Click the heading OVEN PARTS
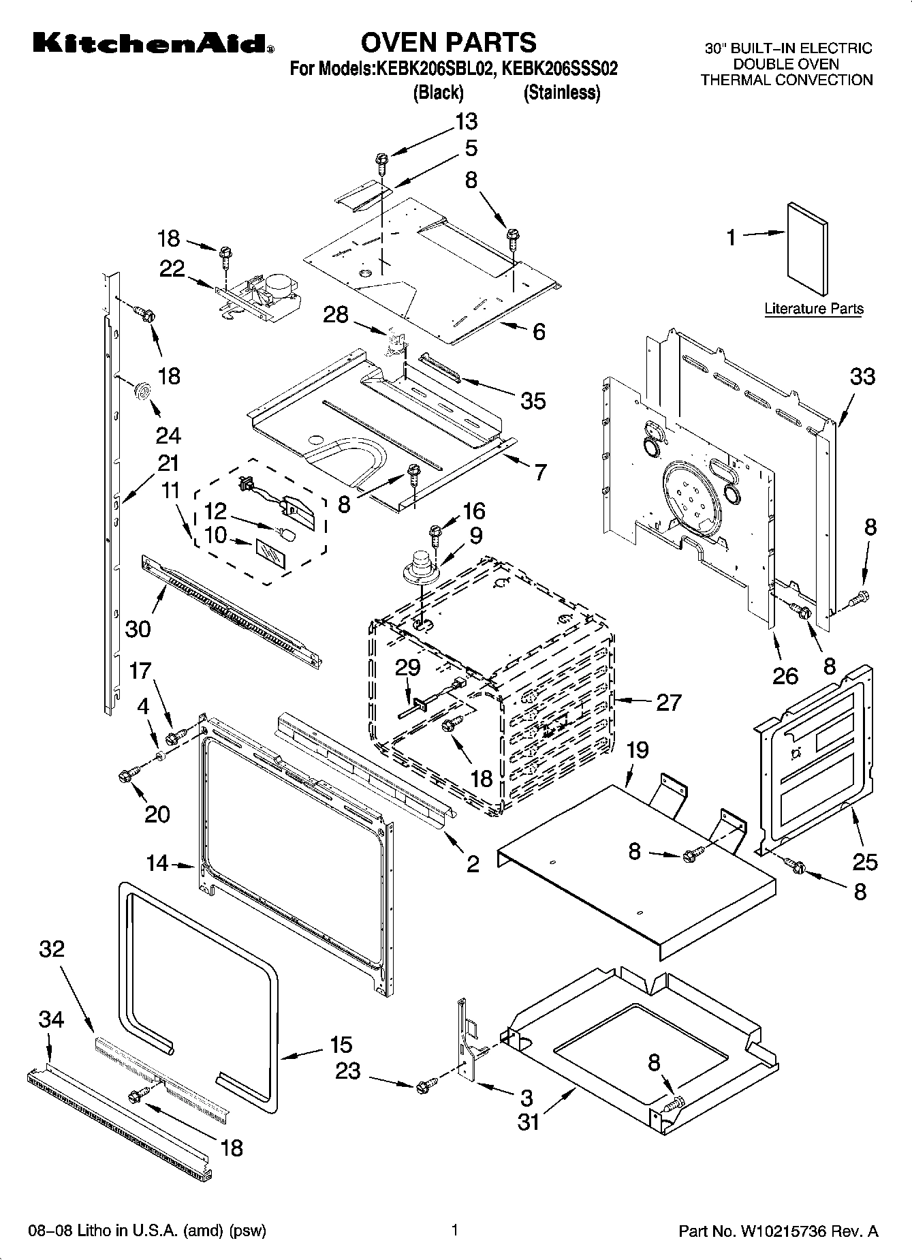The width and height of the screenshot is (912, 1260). coord(448,42)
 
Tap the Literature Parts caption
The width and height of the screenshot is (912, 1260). coord(813,309)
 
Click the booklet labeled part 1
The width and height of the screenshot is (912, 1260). coord(808,251)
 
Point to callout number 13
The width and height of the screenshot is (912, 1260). coord(466,122)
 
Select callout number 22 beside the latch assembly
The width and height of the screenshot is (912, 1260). coord(172,268)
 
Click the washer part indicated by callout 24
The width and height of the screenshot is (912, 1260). coord(142,390)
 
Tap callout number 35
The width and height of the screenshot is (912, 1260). coord(533,401)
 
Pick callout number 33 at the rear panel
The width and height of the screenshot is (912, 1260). coord(862,376)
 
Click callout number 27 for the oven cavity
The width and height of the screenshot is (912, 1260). coord(668,702)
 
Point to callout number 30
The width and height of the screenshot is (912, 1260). coord(138,628)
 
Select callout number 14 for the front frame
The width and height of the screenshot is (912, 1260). coord(157,863)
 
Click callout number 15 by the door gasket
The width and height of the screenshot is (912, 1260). coord(341,1044)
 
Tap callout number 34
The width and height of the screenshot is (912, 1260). coord(51,1019)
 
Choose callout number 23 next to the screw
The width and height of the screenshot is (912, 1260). coord(347,1071)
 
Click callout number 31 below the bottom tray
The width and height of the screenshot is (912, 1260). coord(529,1121)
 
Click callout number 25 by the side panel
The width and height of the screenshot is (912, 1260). coord(865,862)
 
